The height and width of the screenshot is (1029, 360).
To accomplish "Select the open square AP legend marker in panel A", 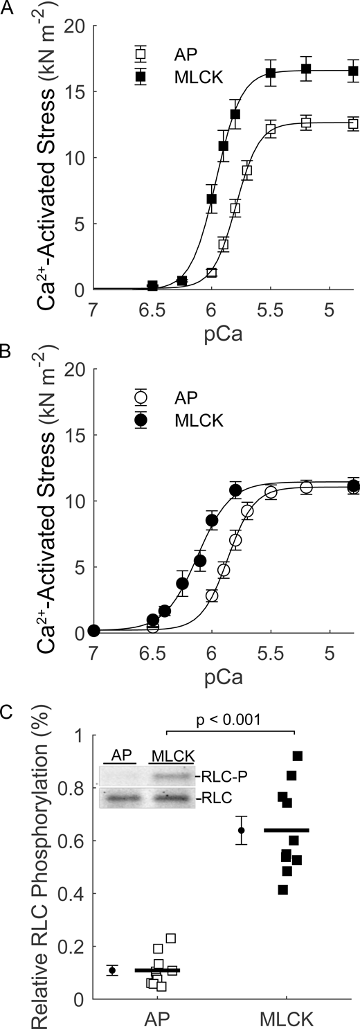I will pyautogui.click(x=141, y=53).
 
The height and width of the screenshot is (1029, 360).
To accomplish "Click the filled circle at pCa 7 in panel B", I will pyautogui.click(x=94, y=630).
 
